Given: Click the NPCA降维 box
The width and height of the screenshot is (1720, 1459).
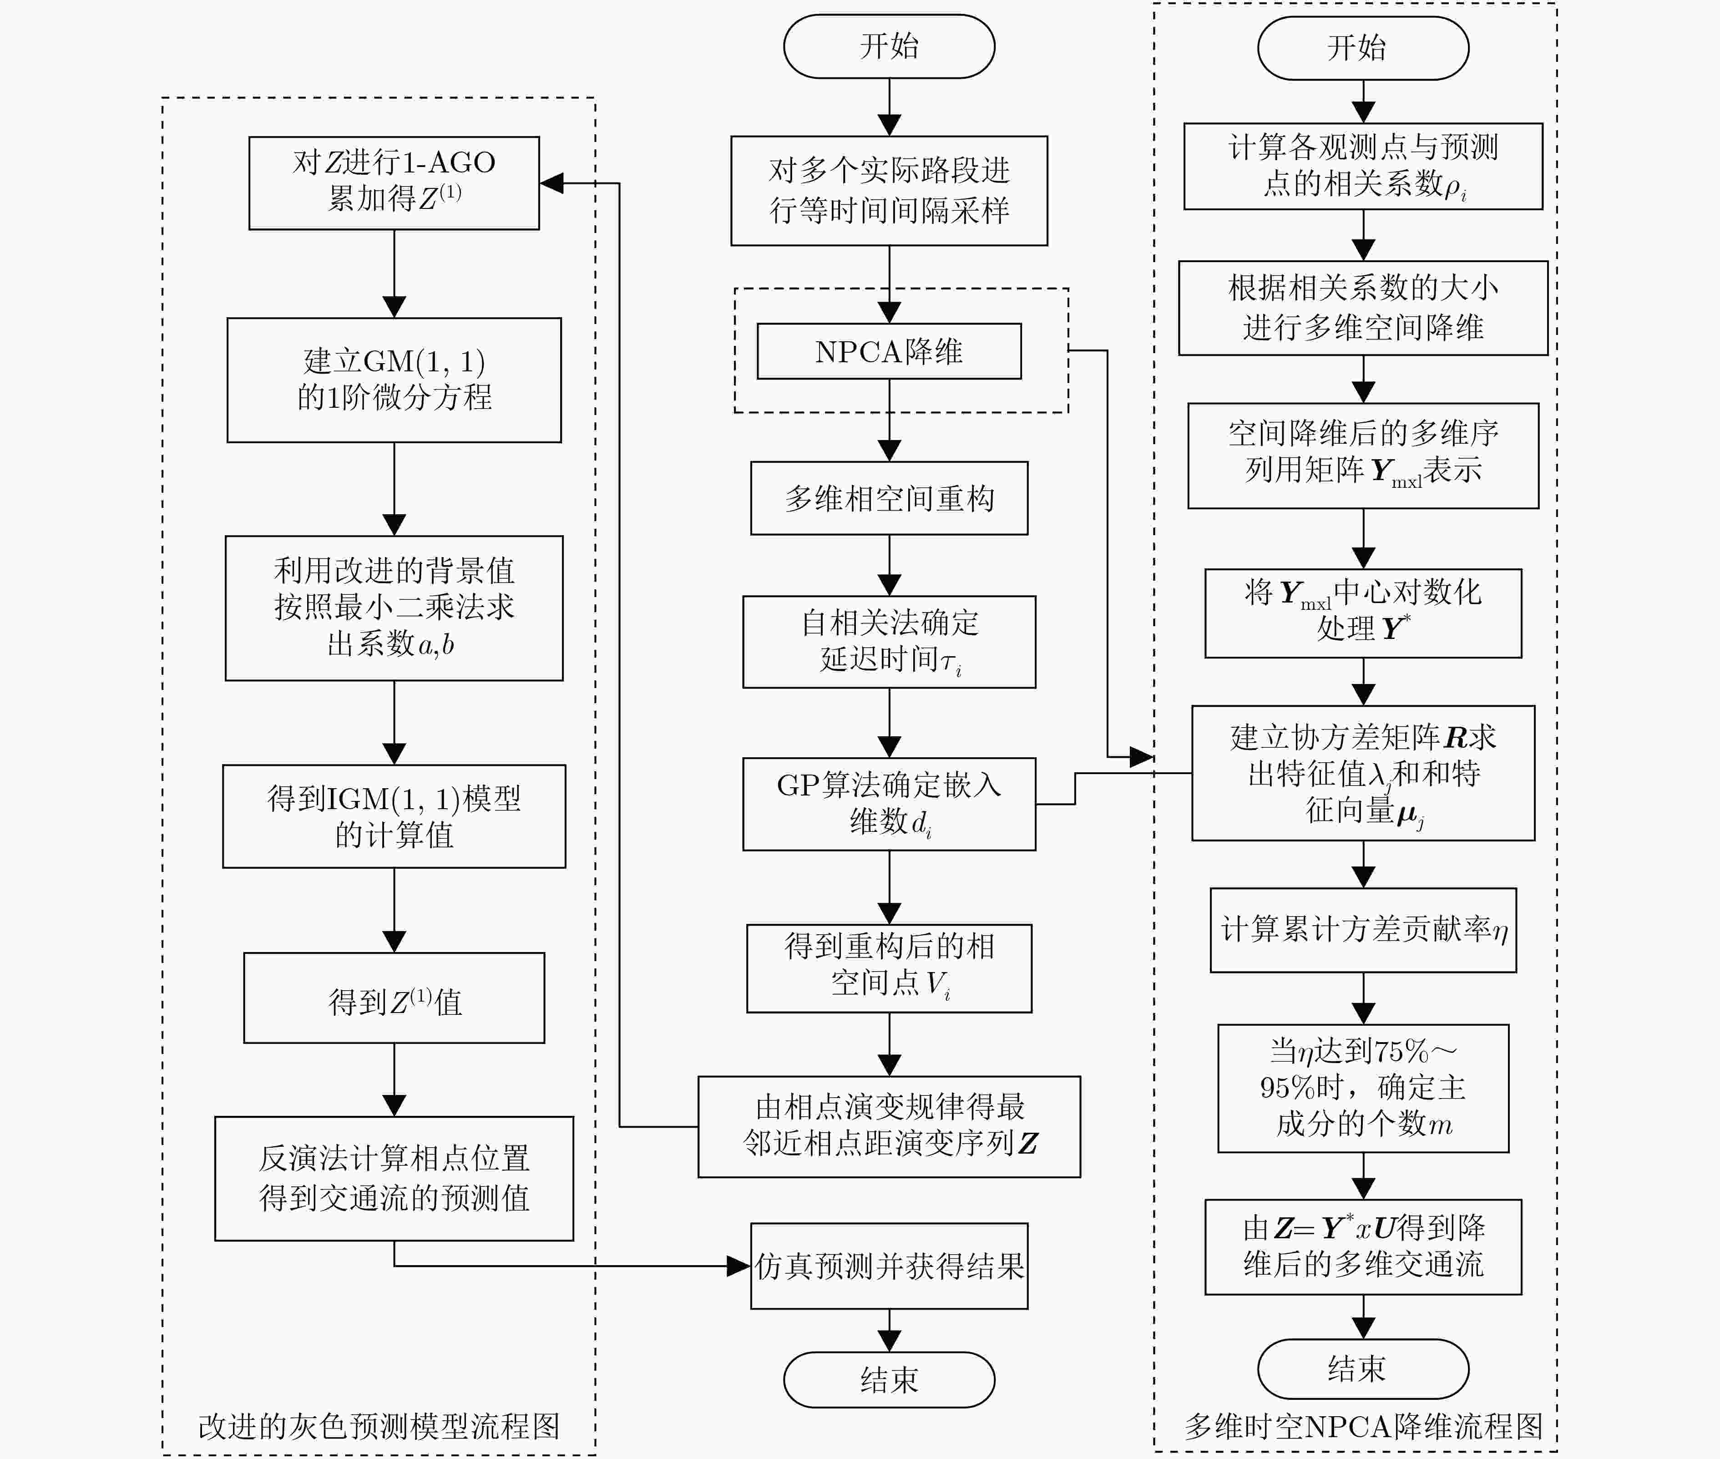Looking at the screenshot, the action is pos(889,351).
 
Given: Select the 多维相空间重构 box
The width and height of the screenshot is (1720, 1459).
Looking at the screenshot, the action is pos(889,498).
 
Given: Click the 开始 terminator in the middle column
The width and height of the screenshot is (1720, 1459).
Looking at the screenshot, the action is pos(889,46).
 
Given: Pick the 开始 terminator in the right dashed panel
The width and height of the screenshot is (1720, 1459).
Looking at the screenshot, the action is pos(1363,48).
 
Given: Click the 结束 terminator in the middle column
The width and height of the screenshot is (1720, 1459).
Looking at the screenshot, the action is pos(889,1380).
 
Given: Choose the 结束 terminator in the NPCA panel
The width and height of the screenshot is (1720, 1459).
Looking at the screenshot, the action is pos(1363,1369).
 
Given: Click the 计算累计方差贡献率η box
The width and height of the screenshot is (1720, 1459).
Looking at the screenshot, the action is pos(1363,930).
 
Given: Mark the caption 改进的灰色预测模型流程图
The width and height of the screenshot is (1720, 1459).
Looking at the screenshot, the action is pos(379,1426).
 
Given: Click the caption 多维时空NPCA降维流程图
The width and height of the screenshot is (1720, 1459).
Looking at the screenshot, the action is pos(1363,1426).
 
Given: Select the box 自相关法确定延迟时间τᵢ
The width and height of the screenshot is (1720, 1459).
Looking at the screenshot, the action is pos(889,642).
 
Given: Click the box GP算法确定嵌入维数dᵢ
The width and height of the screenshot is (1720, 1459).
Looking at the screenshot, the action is pos(889,804).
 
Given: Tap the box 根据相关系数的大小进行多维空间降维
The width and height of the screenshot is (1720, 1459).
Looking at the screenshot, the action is pos(1363,308).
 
